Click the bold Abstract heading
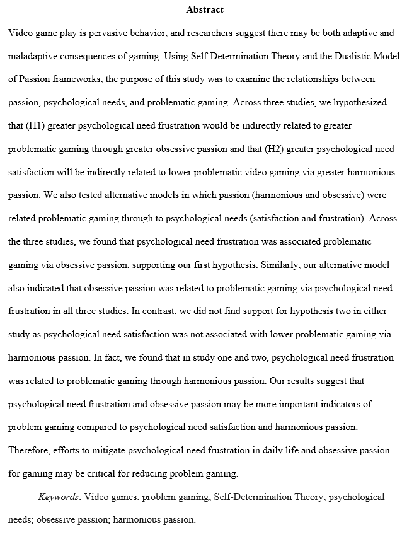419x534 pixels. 205,9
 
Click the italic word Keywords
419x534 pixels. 59,497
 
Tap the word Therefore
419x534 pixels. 30,451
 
